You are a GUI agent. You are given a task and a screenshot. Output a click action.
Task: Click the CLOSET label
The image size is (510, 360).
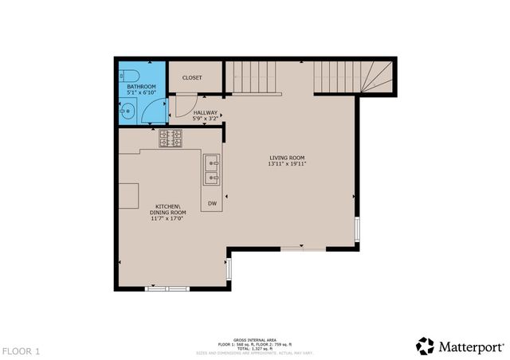pyautogui.click(x=192, y=78)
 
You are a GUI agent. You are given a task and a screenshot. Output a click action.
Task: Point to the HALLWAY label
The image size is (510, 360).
pyautogui.click(x=206, y=113)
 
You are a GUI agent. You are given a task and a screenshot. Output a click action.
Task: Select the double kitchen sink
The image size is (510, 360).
pyautogui.click(x=212, y=169)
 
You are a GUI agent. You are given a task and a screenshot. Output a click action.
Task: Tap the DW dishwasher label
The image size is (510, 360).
pyautogui.click(x=212, y=205)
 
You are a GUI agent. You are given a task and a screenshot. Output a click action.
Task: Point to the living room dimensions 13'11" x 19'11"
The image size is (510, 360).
pyautogui.click(x=287, y=164)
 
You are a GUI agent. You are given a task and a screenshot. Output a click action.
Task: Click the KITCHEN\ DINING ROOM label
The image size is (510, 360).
pyautogui.click(x=168, y=209)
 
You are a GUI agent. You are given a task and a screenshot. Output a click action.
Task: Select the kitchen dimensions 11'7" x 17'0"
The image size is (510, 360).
pyautogui.click(x=168, y=219)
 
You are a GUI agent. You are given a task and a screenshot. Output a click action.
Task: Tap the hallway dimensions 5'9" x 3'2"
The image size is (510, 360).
pyautogui.click(x=206, y=119)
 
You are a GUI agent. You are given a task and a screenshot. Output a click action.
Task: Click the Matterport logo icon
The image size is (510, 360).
pyautogui.click(x=426, y=346)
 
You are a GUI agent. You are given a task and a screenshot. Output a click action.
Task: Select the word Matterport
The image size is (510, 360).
pyautogui.click(x=471, y=346)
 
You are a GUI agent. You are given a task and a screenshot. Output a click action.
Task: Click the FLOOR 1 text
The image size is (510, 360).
pyautogui.click(x=22, y=350)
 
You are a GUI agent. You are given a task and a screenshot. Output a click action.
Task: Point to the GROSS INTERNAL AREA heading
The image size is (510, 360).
pyautogui.click(x=254, y=338)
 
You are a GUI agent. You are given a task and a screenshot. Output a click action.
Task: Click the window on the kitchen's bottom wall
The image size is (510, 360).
pyautogui.click(x=167, y=288)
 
